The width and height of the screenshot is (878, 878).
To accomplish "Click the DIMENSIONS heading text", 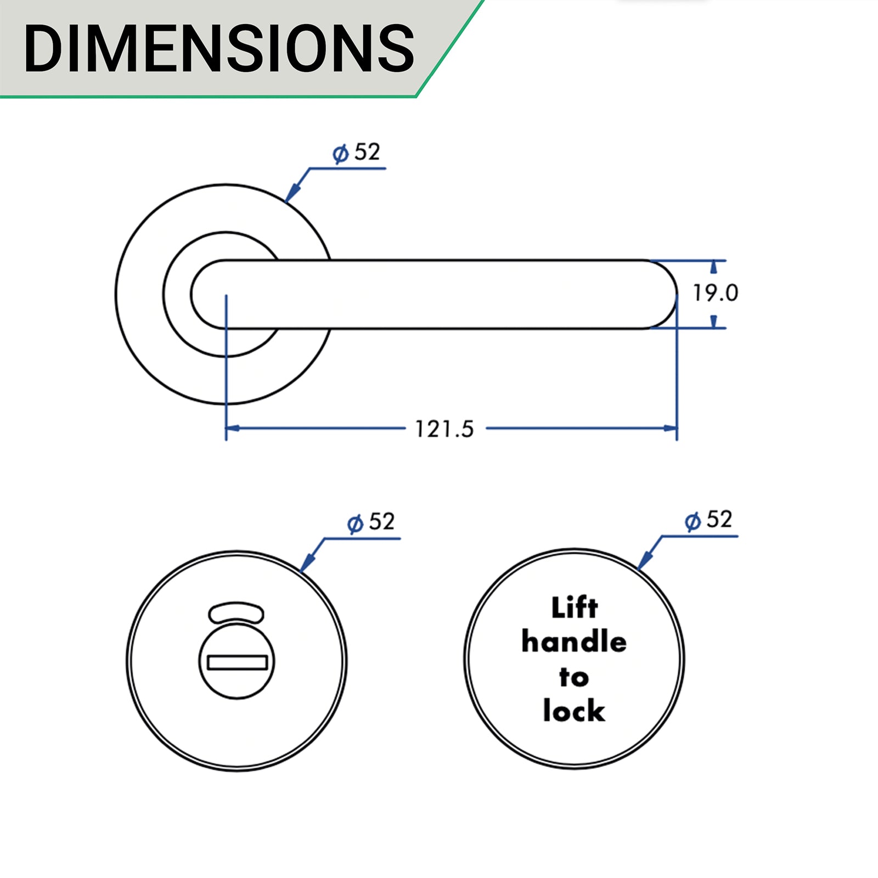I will [218, 48].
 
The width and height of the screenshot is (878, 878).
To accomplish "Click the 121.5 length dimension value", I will [444, 429].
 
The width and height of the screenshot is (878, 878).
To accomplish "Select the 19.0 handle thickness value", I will [715, 293].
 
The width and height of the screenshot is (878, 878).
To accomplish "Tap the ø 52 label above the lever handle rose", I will [357, 153].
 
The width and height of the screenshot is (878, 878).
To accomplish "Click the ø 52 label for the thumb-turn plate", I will [372, 522].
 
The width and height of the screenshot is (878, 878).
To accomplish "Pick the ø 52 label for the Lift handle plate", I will [708, 520].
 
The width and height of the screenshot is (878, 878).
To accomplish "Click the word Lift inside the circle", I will [574, 608].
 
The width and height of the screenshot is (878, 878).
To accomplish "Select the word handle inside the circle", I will [574, 641].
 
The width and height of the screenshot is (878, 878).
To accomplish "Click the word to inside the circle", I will [574, 677].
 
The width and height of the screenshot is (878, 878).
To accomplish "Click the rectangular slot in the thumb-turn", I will [237, 662].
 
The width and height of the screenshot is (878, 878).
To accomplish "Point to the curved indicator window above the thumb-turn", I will [237, 613].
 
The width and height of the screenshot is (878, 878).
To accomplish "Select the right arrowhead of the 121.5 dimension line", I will [671, 428].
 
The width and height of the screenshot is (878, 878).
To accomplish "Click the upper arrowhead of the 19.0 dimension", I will [713, 267].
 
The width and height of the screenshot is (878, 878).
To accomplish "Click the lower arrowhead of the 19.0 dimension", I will [713, 321].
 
